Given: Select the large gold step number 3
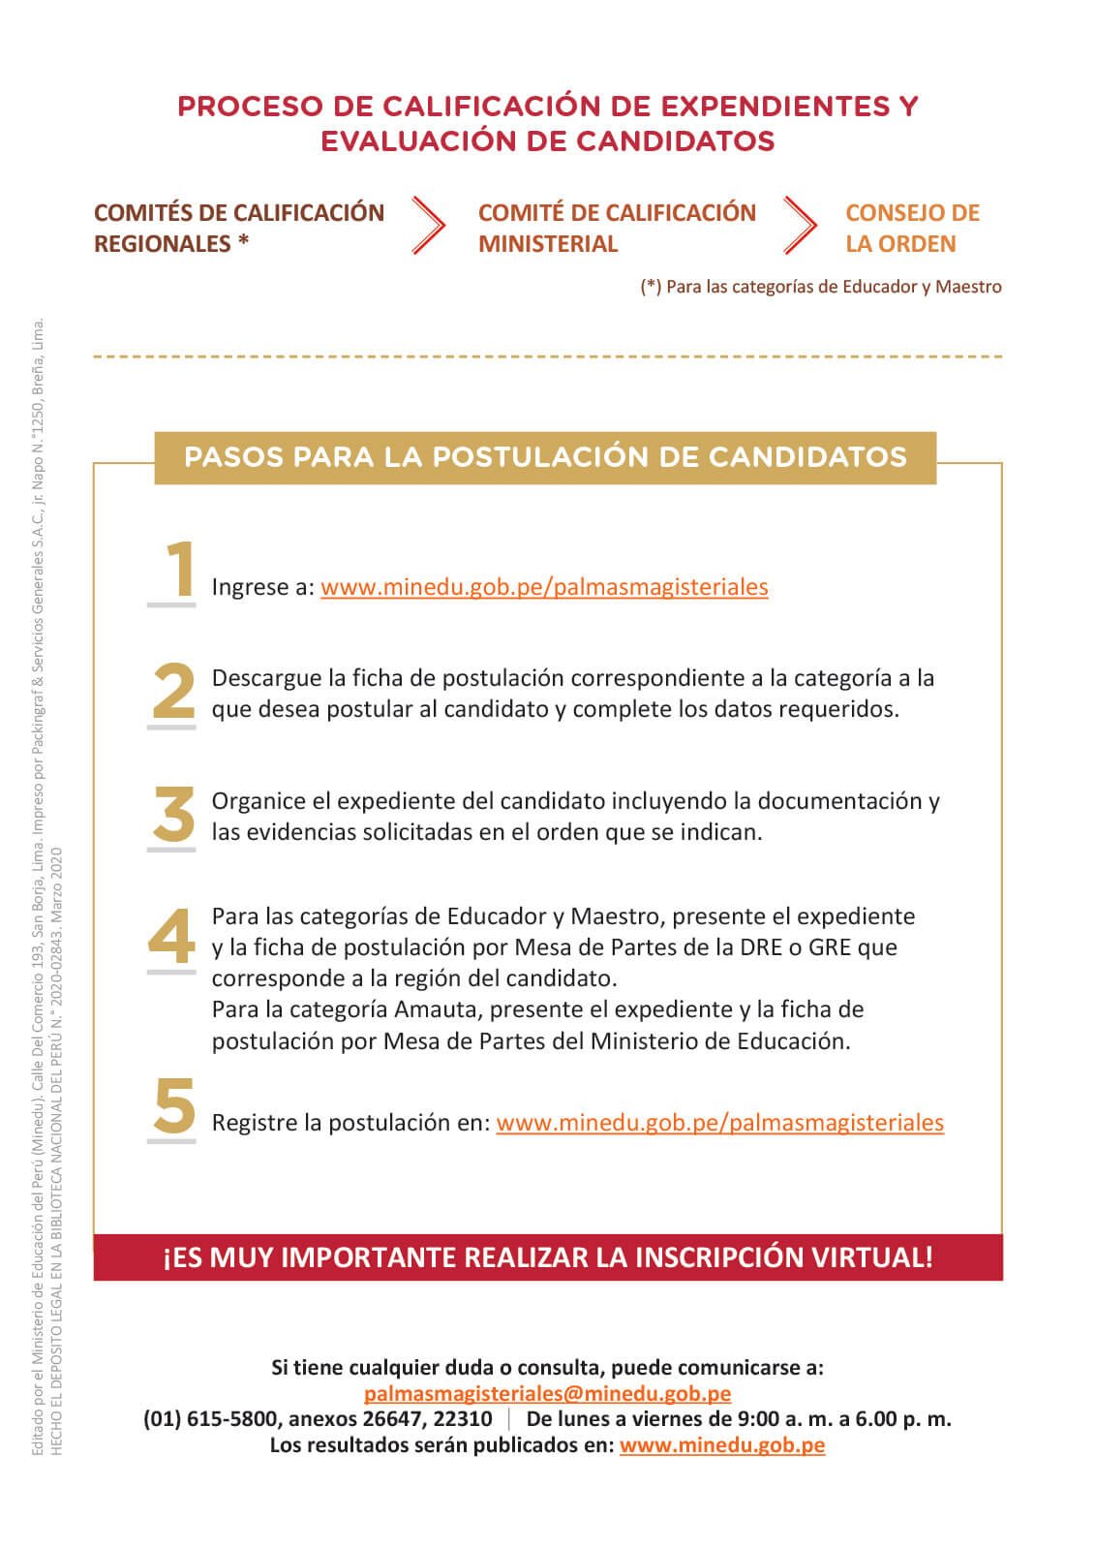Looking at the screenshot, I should (174, 815).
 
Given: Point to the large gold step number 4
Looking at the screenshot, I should (171, 937).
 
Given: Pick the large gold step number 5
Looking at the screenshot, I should (174, 1106).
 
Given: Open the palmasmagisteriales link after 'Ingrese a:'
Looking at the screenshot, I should (544, 587).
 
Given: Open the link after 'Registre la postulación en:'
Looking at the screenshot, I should (719, 1123).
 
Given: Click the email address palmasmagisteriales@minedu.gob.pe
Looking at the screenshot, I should (547, 1394).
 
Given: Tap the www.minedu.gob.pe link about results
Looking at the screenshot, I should (722, 1445).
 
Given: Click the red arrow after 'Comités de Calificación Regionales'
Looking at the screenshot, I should (428, 226).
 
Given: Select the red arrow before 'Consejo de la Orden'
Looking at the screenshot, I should (800, 226).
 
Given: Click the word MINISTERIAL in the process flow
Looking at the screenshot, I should (548, 244).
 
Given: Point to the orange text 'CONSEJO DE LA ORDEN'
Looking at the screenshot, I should (911, 228).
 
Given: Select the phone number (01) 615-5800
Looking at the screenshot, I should (212, 1419).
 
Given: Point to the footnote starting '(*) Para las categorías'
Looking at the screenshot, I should (821, 287).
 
